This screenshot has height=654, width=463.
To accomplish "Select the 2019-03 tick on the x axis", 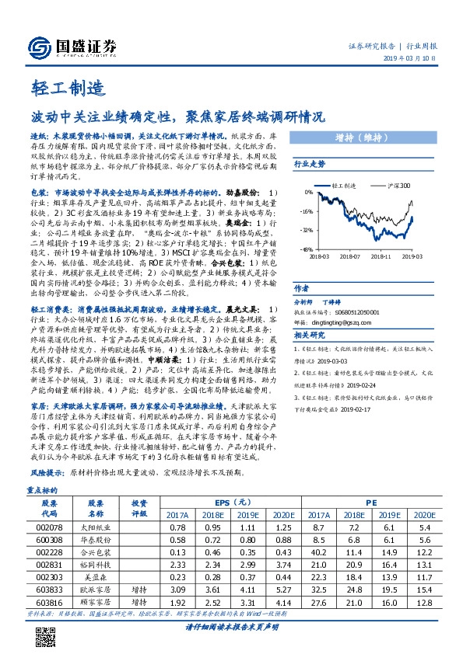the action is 413,255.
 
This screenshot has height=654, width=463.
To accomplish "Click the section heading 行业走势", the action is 308,165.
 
